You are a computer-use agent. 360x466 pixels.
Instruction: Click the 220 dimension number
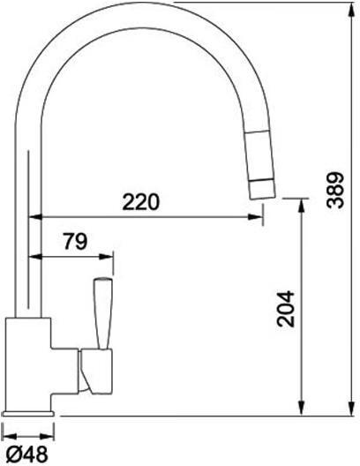(141, 202)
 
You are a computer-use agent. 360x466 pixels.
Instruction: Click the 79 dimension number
(76, 241)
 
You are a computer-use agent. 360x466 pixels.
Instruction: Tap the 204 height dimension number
(286, 309)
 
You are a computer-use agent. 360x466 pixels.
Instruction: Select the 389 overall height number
(335, 190)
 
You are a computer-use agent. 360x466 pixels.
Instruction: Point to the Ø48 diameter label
(26, 455)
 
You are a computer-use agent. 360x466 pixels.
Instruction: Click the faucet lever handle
(102, 313)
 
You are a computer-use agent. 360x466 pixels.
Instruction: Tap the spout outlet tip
(263, 197)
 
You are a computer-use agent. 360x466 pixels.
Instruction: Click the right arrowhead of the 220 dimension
(255, 217)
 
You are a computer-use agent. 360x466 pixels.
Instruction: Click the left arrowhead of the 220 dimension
(35, 217)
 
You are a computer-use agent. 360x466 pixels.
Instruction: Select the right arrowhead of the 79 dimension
(106, 256)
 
